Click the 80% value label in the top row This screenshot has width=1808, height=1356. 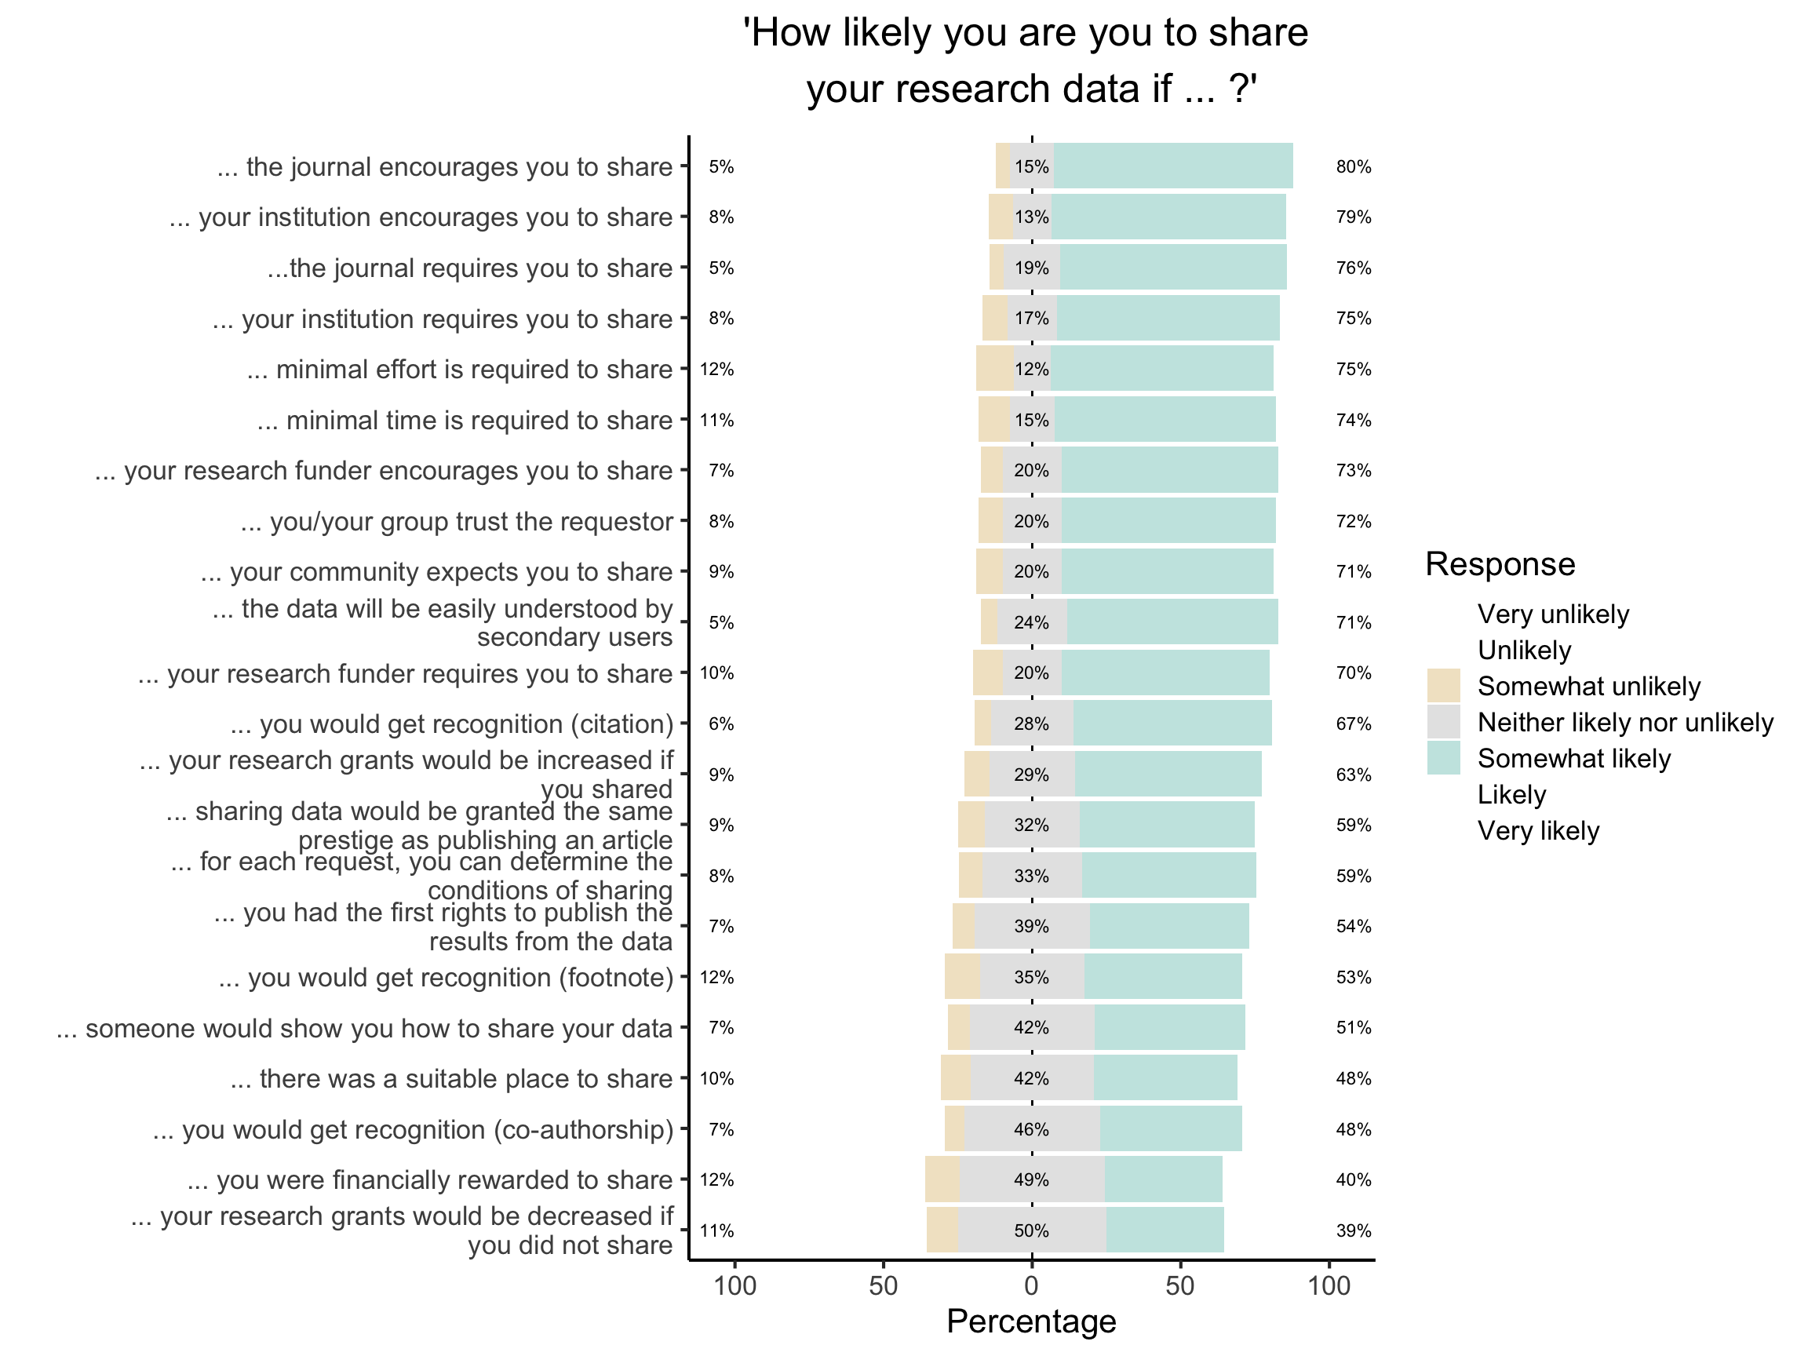1353,166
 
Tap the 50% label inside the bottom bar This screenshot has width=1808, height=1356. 1030,1230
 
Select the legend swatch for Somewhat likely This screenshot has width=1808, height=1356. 1443,758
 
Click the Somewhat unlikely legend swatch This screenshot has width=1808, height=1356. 1443,686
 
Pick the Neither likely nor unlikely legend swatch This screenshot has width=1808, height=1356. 1443,722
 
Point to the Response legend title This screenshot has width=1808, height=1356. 1500,564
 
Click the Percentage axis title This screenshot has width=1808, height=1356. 1030,1321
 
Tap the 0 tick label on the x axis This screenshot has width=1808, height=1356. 1031,1285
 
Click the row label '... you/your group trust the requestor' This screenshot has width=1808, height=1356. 456,522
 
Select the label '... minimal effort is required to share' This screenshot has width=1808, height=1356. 459,370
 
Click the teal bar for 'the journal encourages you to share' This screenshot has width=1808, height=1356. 1173,166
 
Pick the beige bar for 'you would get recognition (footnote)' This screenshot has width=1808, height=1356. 962,977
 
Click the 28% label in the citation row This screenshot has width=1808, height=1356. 1030,724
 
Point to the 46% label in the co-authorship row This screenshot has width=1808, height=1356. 1030,1128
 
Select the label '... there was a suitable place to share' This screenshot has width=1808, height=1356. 451,1079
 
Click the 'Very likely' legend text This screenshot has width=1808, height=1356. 1538,830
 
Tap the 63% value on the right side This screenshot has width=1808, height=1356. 1353,774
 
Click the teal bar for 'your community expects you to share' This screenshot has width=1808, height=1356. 1167,571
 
